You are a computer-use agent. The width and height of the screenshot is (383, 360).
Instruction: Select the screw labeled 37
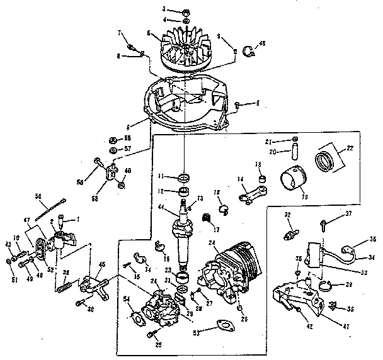[x=323, y=222]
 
